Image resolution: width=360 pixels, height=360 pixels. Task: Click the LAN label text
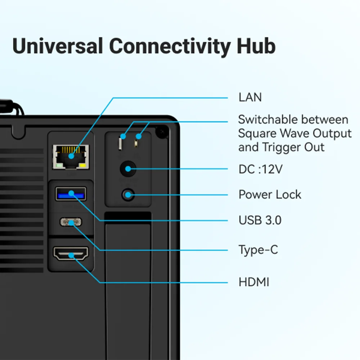(x=250, y=97)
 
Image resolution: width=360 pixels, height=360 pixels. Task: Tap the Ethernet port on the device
(x=71, y=157)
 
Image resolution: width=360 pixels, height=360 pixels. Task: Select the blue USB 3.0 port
(x=71, y=194)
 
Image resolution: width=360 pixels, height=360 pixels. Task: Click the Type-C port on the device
(x=71, y=222)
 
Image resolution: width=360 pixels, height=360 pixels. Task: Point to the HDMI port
(x=71, y=253)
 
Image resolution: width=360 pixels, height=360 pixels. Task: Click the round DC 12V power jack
(x=128, y=169)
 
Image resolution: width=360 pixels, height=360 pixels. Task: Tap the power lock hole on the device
(x=128, y=195)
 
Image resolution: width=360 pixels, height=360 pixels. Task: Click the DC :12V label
(x=260, y=169)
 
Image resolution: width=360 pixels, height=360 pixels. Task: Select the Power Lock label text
(x=270, y=194)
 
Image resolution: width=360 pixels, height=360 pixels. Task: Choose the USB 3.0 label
(x=260, y=220)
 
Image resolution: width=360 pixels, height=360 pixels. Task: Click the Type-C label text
(x=258, y=250)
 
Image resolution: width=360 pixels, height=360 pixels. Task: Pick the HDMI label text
(x=254, y=282)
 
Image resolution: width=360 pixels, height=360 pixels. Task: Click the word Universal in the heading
(x=57, y=46)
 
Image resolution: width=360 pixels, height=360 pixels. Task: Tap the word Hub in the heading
(x=256, y=46)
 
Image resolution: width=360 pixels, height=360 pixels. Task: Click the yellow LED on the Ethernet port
(x=82, y=165)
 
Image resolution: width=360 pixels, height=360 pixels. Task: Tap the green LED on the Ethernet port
(x=59, y=165)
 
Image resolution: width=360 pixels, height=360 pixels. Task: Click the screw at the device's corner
(x=162, y=132)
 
